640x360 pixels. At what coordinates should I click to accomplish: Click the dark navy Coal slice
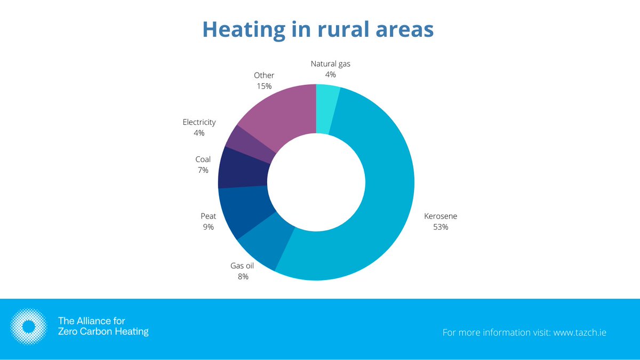(243, 166)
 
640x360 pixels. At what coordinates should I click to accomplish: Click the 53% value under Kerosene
(441, 227)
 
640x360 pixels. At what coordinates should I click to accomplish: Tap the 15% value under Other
(263, 86)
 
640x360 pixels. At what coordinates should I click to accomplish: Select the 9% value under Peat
(208, 227)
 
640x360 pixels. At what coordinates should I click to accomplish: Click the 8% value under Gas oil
(243, 276)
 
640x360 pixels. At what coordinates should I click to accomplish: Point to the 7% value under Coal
(203, 170)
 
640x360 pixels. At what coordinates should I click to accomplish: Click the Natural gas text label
(331, 64)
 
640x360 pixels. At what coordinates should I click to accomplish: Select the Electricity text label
(199, 122)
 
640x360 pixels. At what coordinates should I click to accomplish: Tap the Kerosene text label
(441, 216)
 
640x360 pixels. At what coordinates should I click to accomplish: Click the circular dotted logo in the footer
(30, 326)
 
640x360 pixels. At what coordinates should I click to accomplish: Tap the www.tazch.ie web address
(580, 332)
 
